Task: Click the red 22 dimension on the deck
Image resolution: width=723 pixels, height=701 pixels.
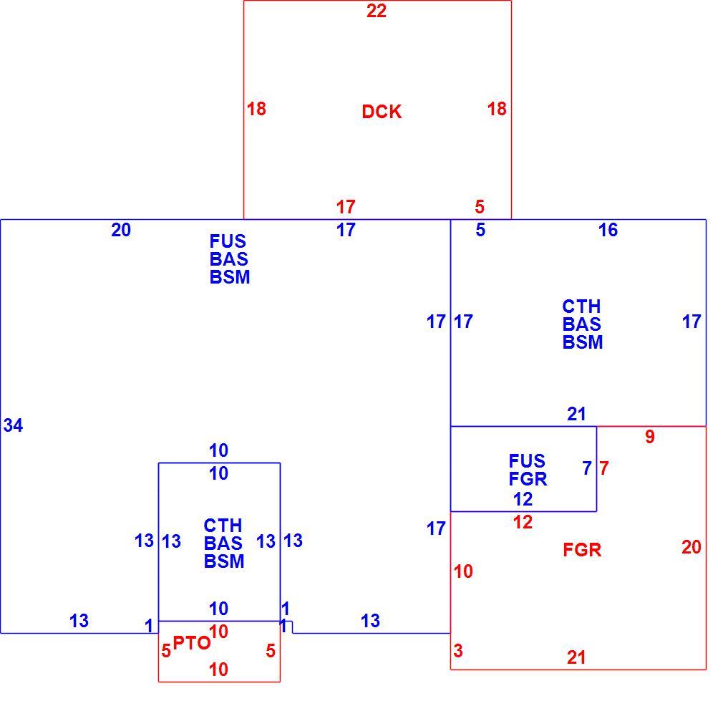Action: point(377,11)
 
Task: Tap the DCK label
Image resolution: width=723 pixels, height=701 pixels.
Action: point(382,112)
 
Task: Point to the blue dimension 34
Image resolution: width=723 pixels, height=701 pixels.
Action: point(13,425)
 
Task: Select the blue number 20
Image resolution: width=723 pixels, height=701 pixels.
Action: point(121,230)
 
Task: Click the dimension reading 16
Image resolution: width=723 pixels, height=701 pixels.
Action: point(608,230)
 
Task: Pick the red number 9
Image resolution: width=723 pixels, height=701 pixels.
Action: point(650,436)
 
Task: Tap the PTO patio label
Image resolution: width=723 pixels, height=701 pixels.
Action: point(192,643)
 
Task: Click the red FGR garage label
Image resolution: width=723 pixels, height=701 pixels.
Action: point(583,550)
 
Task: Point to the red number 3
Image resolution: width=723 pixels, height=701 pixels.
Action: point(458,651)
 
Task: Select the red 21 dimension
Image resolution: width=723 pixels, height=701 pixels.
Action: point(576,657)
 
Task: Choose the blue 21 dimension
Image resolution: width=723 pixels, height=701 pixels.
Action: point(576,414)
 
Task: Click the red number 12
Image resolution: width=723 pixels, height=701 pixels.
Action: point(523,522)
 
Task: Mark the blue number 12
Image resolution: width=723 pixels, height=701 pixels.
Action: point(523,499)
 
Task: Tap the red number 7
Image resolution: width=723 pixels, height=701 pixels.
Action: point(604,468)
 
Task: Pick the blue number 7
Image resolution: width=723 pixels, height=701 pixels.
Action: point(587,468)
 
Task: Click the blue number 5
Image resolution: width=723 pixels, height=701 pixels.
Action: point(480,230)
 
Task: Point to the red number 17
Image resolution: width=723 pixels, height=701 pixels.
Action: point(346,207)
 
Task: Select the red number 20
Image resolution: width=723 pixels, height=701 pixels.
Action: point(692,548)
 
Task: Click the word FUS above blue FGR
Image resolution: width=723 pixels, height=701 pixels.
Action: point(527,460)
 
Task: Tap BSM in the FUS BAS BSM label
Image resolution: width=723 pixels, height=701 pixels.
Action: point(230,277)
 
